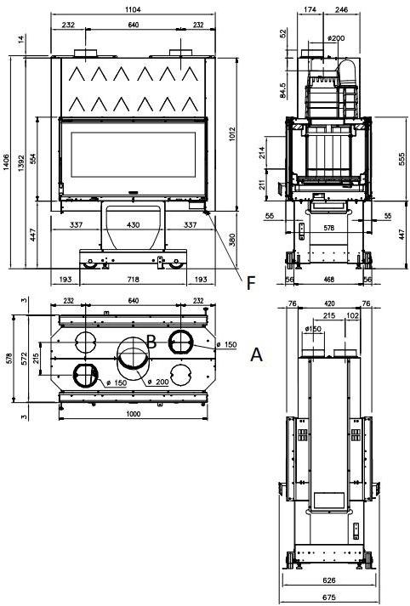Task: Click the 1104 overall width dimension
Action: [133, 9]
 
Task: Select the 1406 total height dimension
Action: [6, 162]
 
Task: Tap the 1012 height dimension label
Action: [232, 134]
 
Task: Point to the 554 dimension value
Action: [33, 158]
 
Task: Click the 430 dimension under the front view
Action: [133, 224]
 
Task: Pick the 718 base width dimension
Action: [133, 279]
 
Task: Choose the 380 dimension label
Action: [232, 240]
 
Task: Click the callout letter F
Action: [251, 283]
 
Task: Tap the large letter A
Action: [256, 354]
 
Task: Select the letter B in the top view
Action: [151, 342]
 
